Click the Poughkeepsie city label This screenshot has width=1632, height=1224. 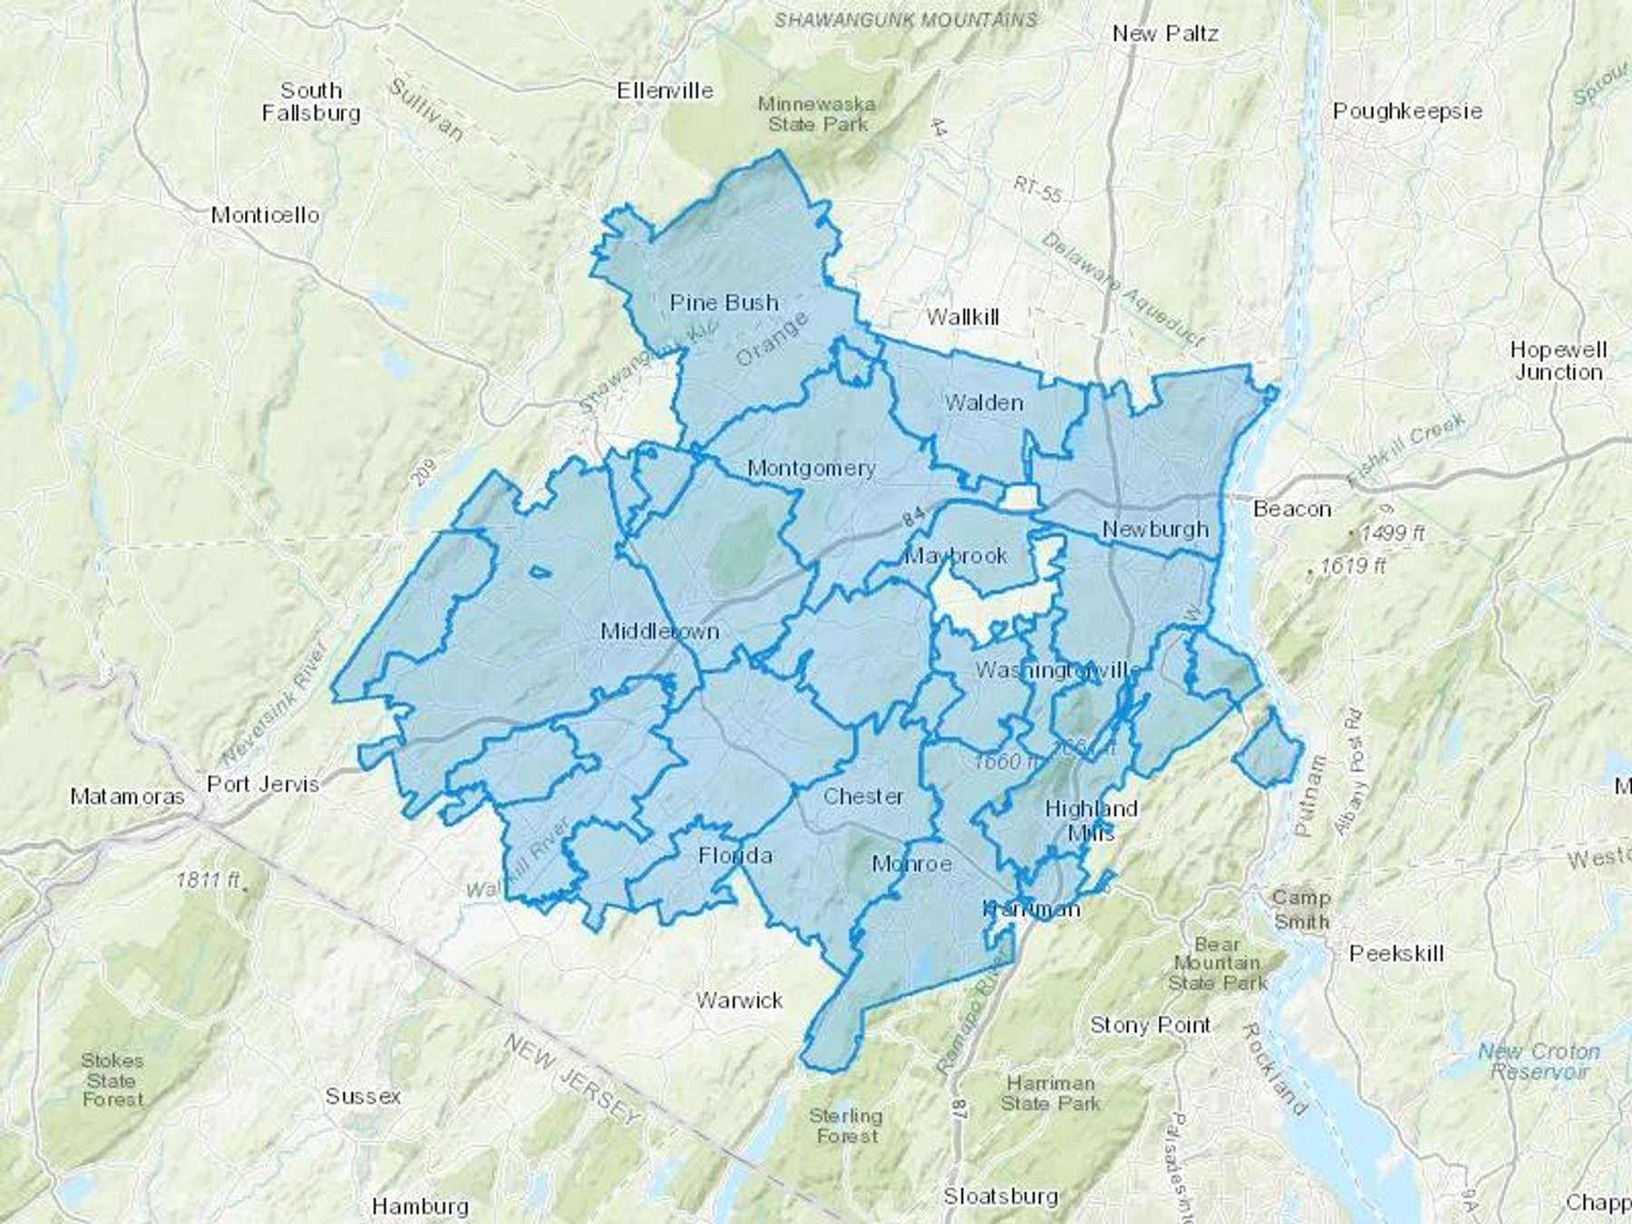point(1407,112)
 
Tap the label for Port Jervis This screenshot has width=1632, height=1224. point(263,784)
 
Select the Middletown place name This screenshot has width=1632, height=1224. point(659,632)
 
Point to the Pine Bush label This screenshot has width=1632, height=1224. point(724,303)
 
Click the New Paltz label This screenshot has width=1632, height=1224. point(1165,34)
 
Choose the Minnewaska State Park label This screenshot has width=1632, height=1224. point(817,114)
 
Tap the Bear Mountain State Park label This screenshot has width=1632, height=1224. point(1217,964)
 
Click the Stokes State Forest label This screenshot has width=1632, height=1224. point(112,1080)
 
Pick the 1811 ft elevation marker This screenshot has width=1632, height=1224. point(209,879)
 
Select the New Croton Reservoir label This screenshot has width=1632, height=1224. point(1539,1062)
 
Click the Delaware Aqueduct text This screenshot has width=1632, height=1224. point(1122,289)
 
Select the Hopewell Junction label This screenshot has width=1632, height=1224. point(1558,361)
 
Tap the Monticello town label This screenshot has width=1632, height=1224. point(265,216)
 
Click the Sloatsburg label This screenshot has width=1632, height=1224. point(1000,1197)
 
